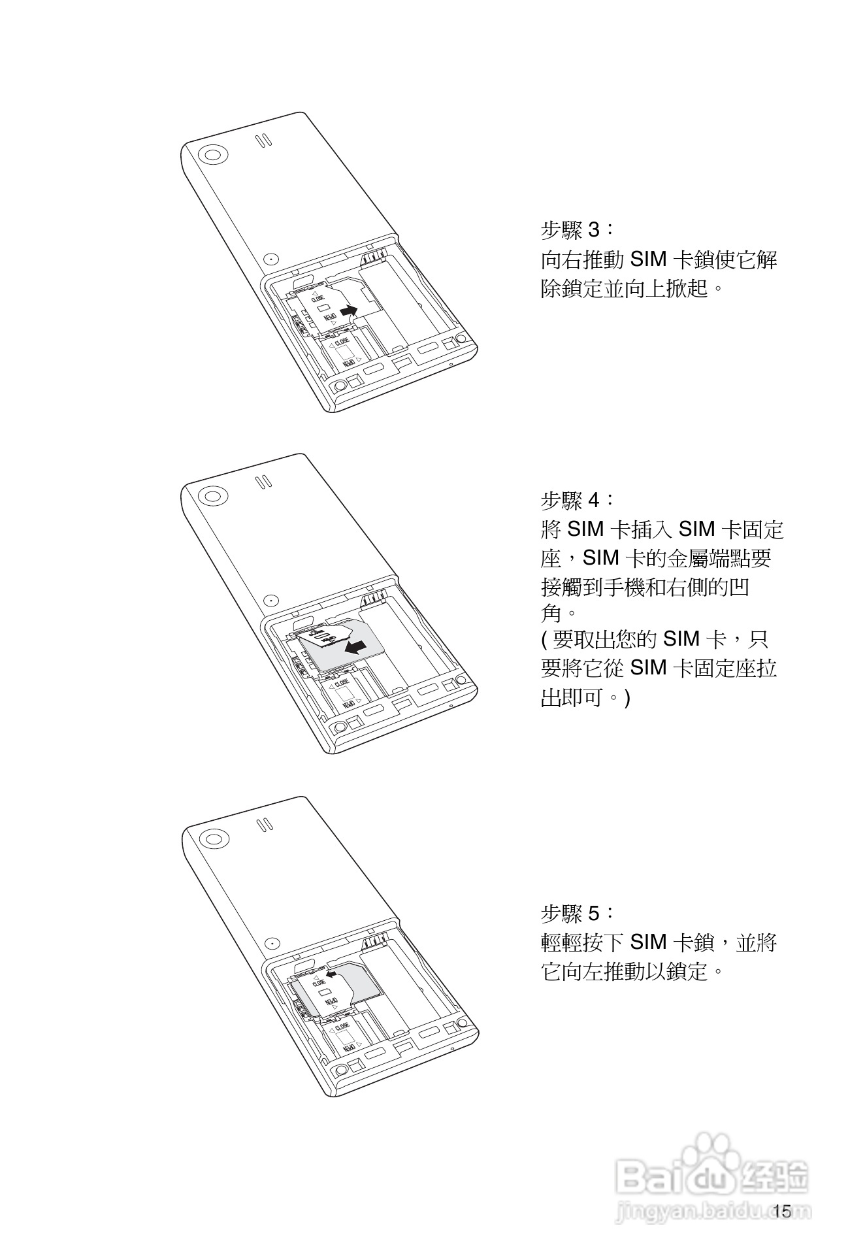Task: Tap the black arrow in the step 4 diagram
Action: coord(355,647)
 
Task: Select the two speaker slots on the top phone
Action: coord(263,141)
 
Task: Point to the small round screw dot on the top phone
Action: coord(269,259)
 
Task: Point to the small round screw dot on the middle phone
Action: coord(269,600)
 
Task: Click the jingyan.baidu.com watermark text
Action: coord(712,1212)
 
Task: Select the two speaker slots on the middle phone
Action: coord(263,482)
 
